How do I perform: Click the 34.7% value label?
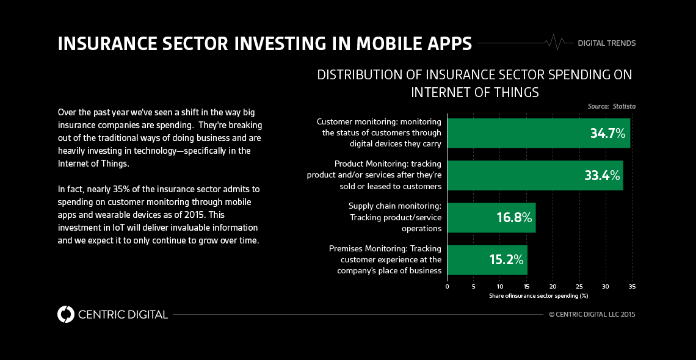click(607, 134)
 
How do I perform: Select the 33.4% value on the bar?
click(602, 176)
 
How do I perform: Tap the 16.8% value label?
click(514, 218)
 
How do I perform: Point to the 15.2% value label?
click(506, 260)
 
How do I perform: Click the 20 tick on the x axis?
click(553, 286)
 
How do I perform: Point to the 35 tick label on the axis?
click(632, 286)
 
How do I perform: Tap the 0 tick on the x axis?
click(447, 286)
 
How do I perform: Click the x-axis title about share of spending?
click(538, 296)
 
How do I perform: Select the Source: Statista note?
click(611, 106)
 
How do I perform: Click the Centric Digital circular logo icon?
click(65, 314)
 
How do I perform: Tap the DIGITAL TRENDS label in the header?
click(606, 43)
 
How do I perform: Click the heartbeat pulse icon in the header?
click(556, 42)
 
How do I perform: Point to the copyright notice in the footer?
click(592, 315)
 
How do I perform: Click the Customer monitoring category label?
click(379, 133)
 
